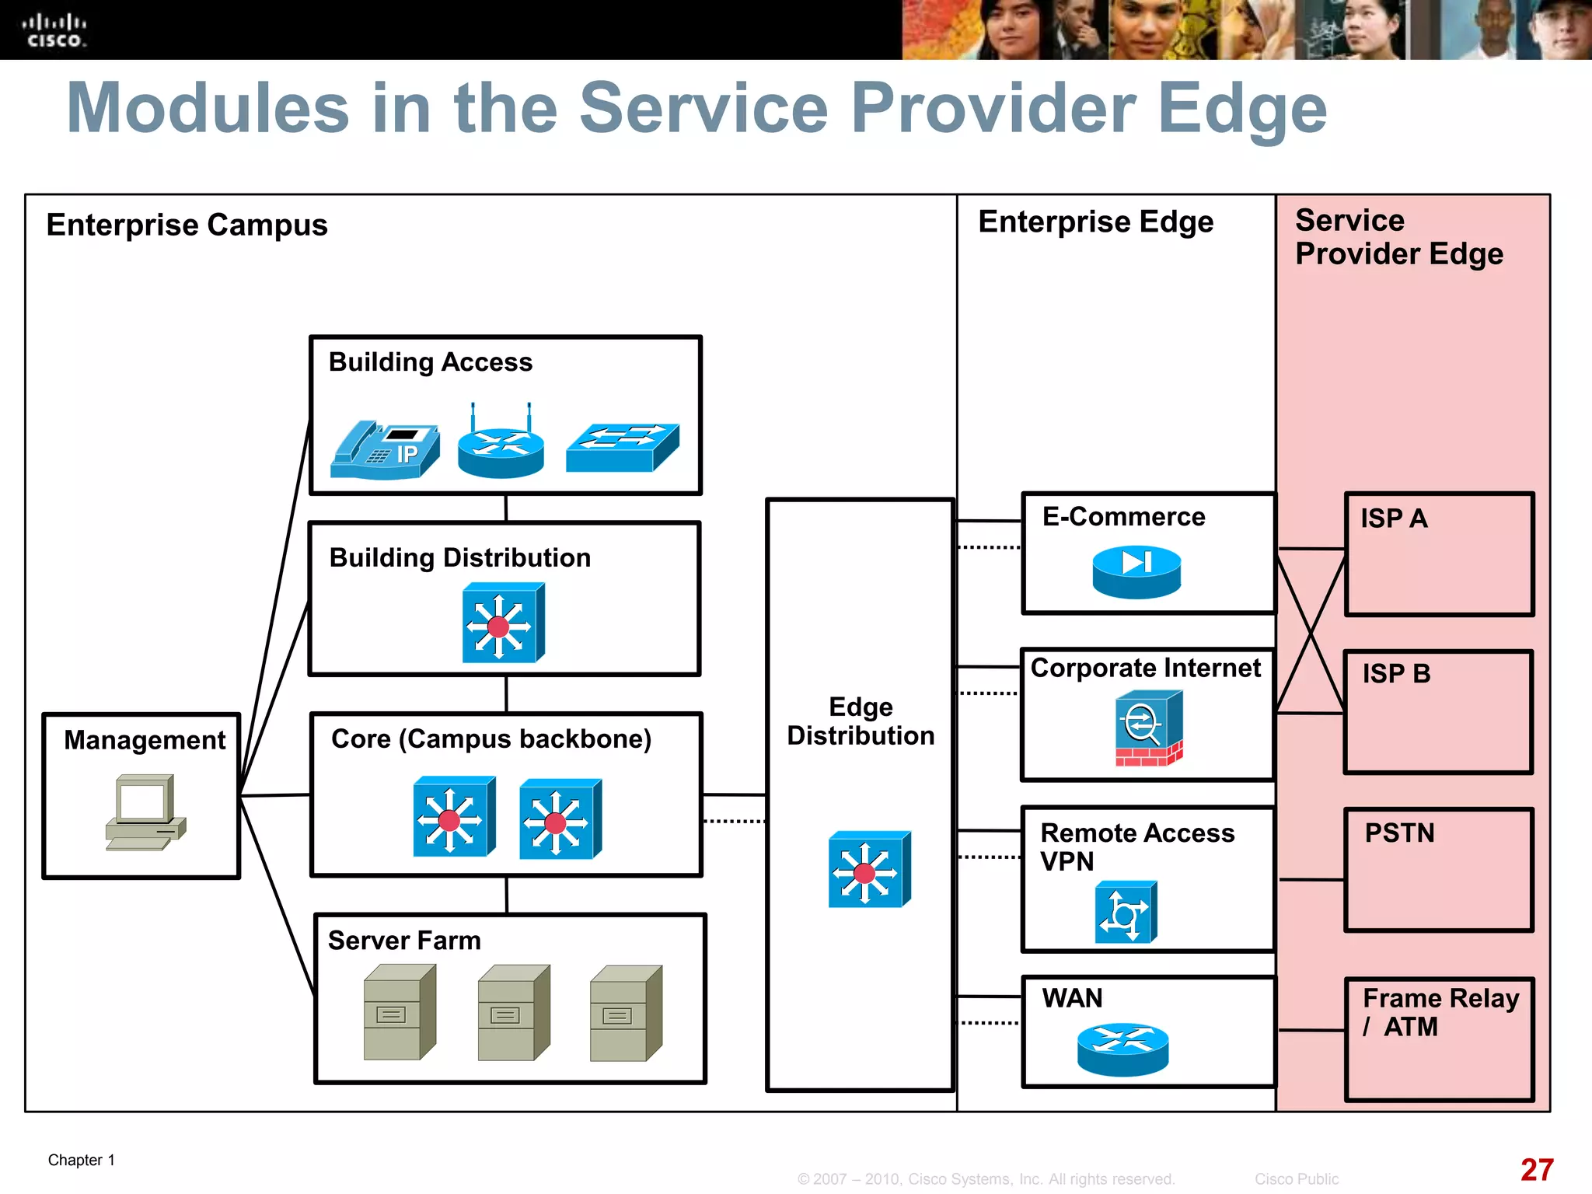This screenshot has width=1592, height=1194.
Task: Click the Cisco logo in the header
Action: [x=54, y=30]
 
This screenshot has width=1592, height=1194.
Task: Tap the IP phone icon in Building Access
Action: [x=385, y=450]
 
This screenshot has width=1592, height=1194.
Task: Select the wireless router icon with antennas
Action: [x=501, y=446]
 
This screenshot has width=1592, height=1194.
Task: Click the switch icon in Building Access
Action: [x=623, y=448]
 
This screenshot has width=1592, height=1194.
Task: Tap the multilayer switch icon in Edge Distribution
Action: [x=869, y=870]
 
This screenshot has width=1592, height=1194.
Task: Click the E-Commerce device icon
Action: [x=1136, y=571]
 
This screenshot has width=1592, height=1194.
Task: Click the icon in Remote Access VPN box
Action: [x=1126, y=913]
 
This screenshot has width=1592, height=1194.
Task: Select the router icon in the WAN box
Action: [x=1122, y=1049]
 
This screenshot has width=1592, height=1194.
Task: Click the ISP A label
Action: [x=1394, y=518]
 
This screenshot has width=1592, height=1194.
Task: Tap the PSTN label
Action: [x=1399, y=833]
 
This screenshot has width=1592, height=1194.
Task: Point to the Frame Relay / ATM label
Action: [x=1440, y=1012]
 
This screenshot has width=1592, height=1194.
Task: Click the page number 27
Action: [x=1537, y=1170]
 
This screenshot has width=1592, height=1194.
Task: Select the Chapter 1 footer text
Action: [x=82, y=1160]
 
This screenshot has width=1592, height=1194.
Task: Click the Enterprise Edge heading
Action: [x=1095, y=222]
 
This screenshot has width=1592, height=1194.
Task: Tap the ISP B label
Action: [x=1396, y=673]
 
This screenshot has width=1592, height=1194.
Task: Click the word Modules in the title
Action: [x=208, y=109]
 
